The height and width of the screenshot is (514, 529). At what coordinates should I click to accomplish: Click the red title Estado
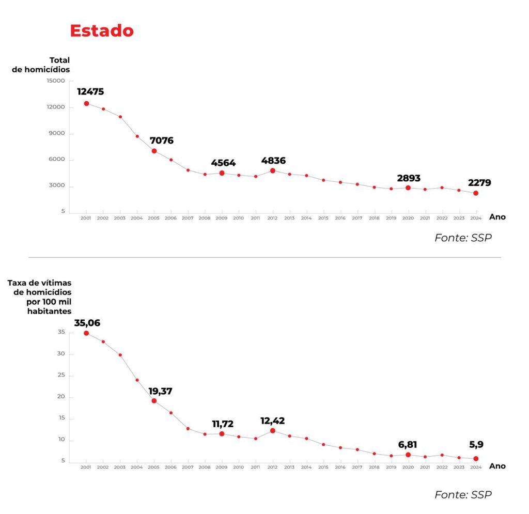[102, 30]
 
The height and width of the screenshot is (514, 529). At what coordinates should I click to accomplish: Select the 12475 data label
[90, 91]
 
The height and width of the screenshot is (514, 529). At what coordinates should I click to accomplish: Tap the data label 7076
[161, 140]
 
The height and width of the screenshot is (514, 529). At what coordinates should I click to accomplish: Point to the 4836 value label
[273, 161]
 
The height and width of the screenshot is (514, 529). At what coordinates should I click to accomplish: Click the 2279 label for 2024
[479, 182]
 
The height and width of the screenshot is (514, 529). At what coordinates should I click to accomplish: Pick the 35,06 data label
[87, 323]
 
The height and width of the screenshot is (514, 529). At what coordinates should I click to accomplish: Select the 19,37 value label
[160, 392]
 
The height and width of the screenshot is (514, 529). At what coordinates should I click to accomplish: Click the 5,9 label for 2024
[476, 444]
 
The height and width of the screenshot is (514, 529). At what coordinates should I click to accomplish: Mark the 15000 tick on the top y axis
[55, 81]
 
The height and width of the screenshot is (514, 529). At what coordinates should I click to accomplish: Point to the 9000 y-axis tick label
[57, 133]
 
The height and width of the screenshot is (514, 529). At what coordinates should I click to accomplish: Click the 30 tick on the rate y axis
[61, 354]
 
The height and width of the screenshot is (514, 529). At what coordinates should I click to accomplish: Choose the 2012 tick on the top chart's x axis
[272, 219]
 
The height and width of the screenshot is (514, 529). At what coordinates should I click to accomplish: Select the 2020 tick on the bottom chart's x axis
[408, 467]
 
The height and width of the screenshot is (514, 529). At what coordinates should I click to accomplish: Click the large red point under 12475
[86, 103]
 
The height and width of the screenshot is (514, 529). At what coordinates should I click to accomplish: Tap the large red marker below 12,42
[272, 431]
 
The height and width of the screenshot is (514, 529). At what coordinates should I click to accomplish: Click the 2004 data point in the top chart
[137, 136]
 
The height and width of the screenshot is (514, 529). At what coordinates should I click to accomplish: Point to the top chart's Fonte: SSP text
[463, 238]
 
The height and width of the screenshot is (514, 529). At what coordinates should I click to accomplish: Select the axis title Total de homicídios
[41, 65]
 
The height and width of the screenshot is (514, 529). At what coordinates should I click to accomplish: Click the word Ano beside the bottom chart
[497, 466]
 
